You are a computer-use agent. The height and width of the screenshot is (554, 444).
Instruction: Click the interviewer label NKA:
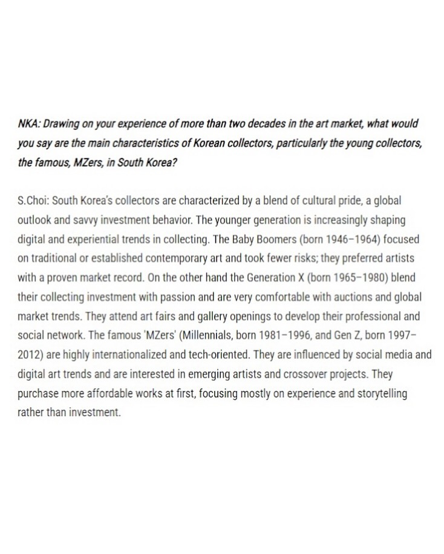coord(30,124)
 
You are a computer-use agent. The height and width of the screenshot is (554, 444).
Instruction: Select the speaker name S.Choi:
coord(34,200)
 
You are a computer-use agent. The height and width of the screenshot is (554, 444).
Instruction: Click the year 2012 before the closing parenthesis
coord(30,355)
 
